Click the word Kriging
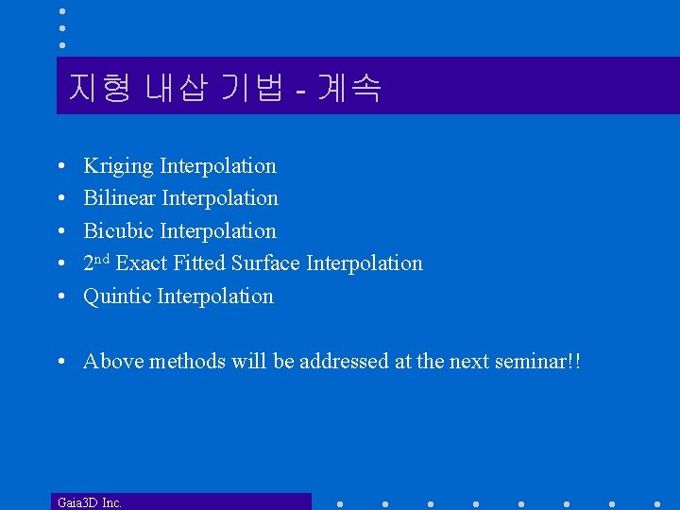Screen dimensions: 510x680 (118, 166)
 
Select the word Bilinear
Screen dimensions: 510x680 (120, 198)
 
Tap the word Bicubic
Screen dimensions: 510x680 (119, 231)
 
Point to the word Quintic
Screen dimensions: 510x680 (117, 297)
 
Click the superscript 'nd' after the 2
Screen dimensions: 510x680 (103, 258)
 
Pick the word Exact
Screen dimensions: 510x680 (142, 263)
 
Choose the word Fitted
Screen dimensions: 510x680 (199, 263)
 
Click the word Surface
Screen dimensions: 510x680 (265, 263)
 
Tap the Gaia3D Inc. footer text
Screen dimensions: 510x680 (90, 502)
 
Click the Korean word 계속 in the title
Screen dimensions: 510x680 (350, 88)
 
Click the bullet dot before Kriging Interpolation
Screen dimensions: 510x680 (60, 167)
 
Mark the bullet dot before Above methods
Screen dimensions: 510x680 (60, 363)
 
